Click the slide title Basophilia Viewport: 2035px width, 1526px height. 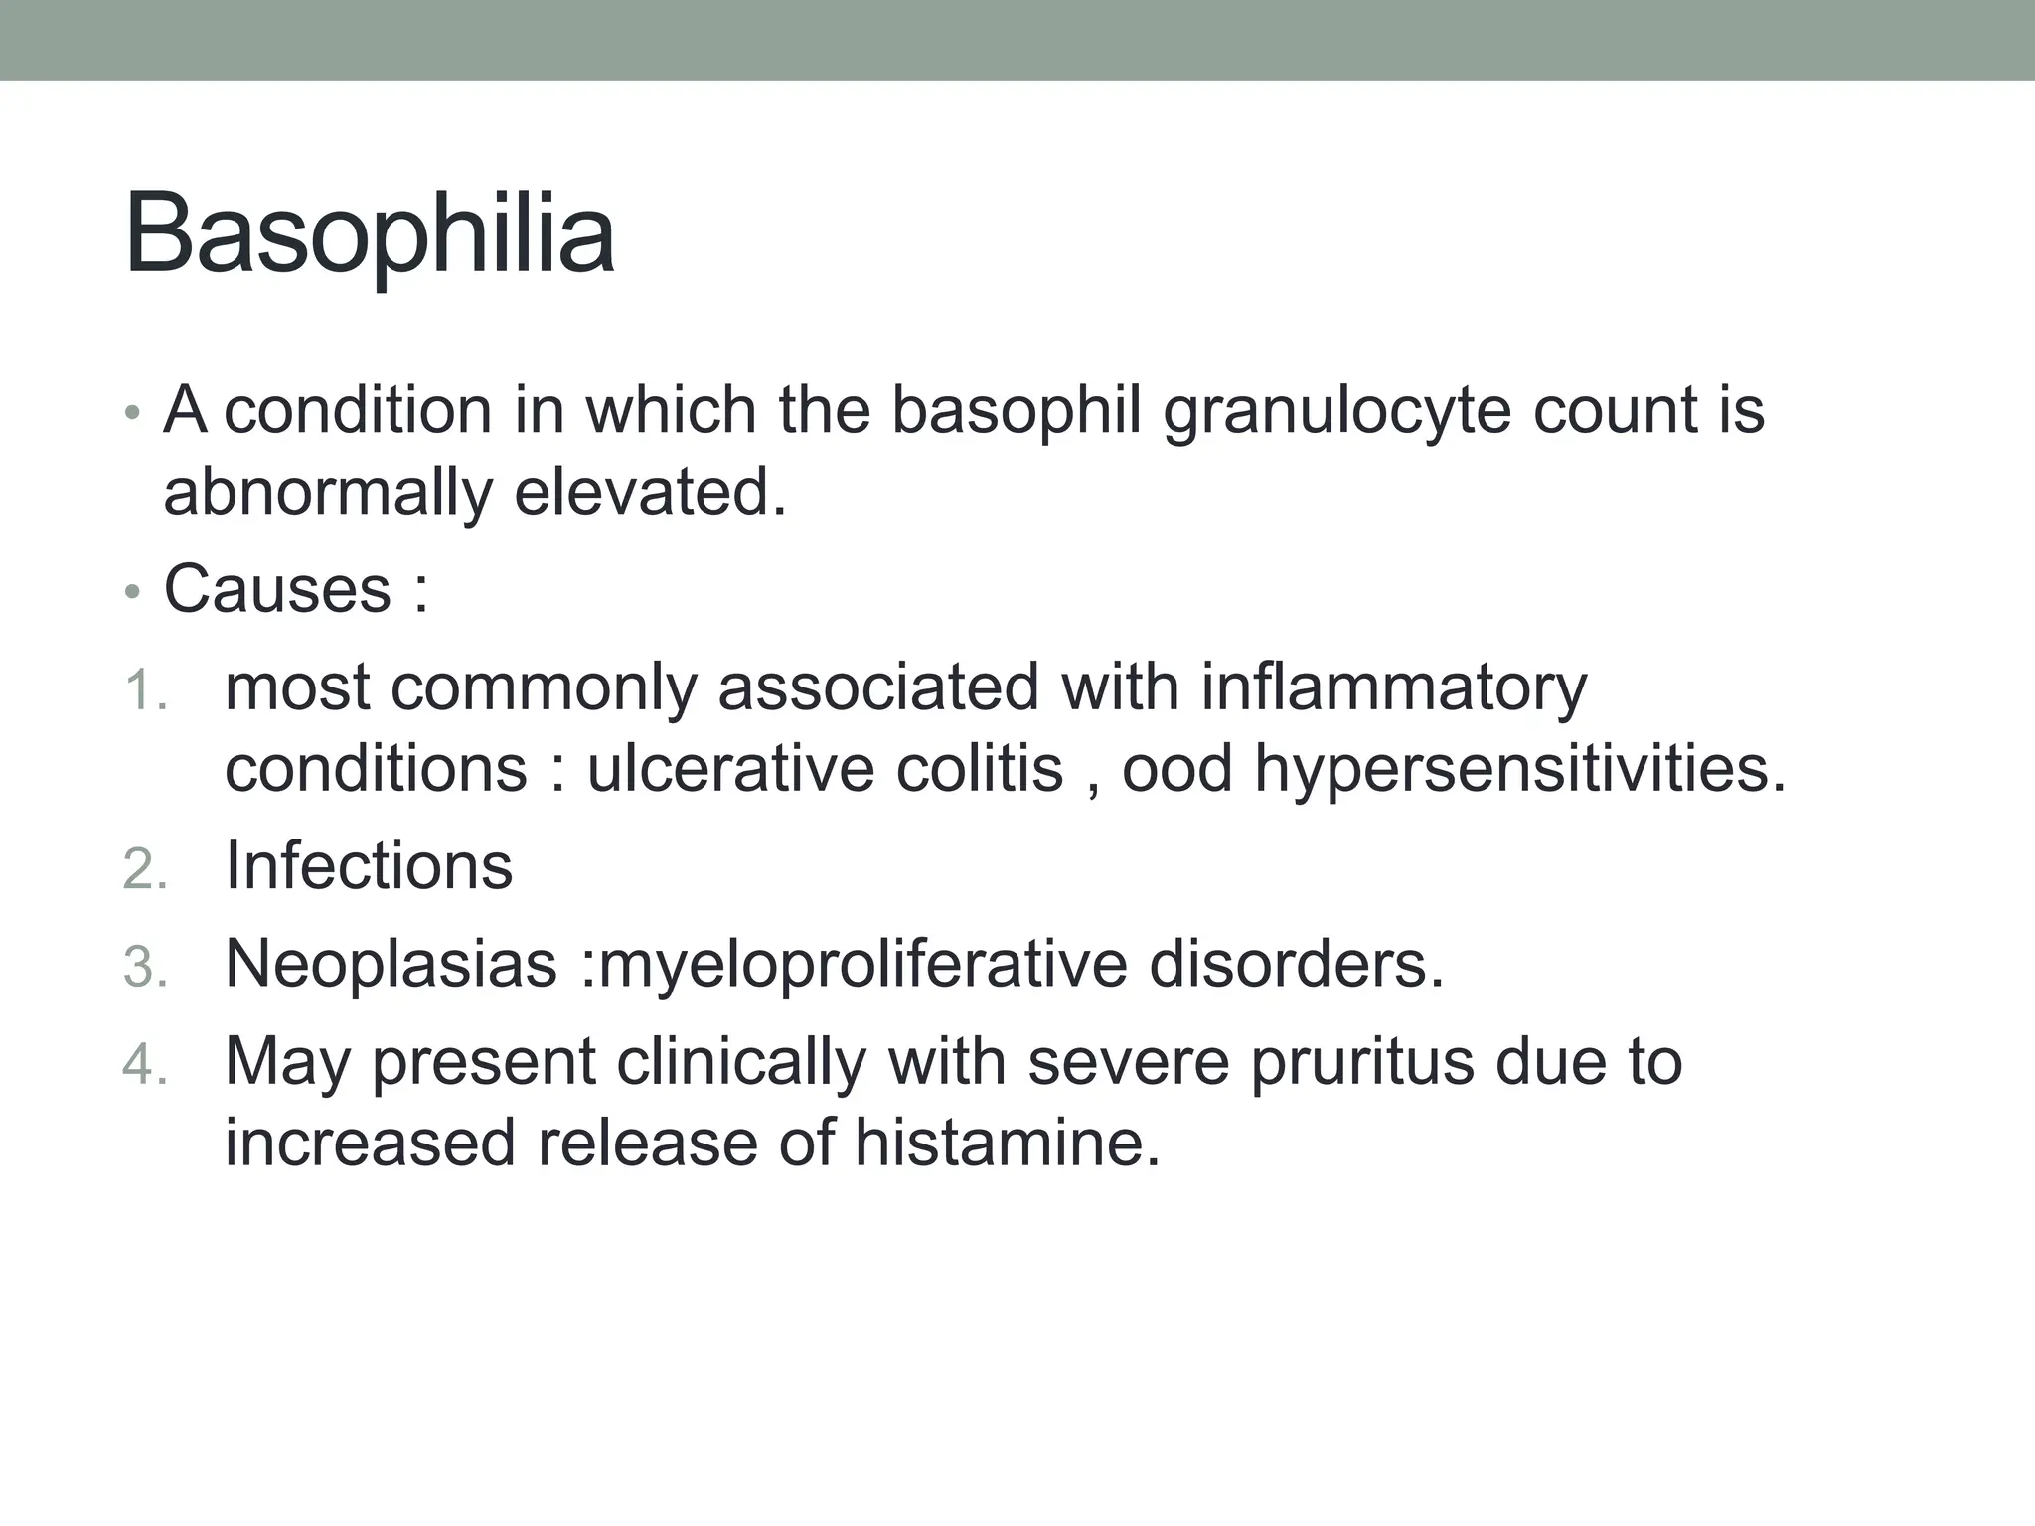click(370, 234)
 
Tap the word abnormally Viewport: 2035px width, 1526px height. click(328, 492)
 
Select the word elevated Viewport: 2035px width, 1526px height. click(650, 492)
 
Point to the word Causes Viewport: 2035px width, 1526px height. click(277, 589)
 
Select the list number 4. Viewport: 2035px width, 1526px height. click(144, 1064)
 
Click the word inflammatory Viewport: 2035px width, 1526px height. click(1393, 687)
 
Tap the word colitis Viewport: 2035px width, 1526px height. click(979, 769)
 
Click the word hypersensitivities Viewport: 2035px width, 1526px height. click(1519, 769)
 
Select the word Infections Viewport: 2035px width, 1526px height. click(369, 865)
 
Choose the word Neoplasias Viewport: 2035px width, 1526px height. click(391, 964)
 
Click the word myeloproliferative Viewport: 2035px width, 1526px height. click(863, 964)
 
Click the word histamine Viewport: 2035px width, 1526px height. click(1007, 1143)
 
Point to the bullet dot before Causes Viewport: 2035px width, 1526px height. click(132, 592)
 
